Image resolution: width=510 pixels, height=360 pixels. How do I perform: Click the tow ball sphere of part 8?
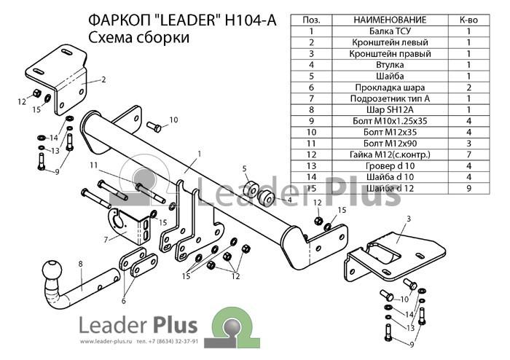[52, 270]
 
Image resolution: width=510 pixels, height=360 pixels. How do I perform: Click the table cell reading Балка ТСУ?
[390, 31]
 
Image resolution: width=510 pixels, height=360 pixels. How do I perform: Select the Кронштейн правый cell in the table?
[390, 54]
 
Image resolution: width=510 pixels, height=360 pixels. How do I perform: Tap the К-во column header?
[468, 20]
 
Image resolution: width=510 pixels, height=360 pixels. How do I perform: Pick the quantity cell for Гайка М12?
[468, 154]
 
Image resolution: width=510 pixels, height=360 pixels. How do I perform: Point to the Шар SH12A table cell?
[390, 109]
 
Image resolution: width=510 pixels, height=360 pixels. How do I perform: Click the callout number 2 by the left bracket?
[103, 79]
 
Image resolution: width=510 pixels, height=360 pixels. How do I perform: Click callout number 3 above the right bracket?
[409, 219]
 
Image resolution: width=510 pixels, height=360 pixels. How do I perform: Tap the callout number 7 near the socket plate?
[106, 240]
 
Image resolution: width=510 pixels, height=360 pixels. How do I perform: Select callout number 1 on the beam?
[200, 154]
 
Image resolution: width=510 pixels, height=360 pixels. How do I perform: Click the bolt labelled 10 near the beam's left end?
[154, 127]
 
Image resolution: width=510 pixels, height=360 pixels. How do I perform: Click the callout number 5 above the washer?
[244, 168]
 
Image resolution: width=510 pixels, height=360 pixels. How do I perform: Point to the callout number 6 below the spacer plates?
[124, 301]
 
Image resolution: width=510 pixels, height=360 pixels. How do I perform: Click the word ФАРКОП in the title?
[118, 20]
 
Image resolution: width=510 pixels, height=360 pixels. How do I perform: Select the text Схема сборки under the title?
[138, 37]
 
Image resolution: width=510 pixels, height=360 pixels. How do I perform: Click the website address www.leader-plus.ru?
[106, 342]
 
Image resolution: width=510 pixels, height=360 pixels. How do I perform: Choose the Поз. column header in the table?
[311, 20]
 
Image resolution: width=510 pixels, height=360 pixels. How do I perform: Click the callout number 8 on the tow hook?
[80, 264]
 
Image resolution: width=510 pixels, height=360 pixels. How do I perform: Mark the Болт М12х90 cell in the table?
[390, 144]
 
